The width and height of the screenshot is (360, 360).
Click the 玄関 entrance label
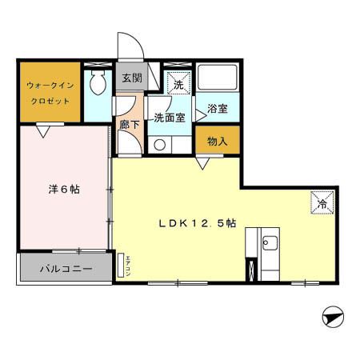pos(131,78)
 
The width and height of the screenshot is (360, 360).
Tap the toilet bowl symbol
pos(98,80)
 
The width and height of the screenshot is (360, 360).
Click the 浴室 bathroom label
pos(217,108)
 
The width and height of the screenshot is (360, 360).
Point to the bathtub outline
pos(217,78)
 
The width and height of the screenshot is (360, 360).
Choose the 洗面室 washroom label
pos(170,117)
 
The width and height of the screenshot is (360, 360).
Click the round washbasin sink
pos(160,145)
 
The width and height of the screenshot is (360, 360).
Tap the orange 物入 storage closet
pos(217,142)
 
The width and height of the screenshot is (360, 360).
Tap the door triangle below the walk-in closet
pos(46,127)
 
